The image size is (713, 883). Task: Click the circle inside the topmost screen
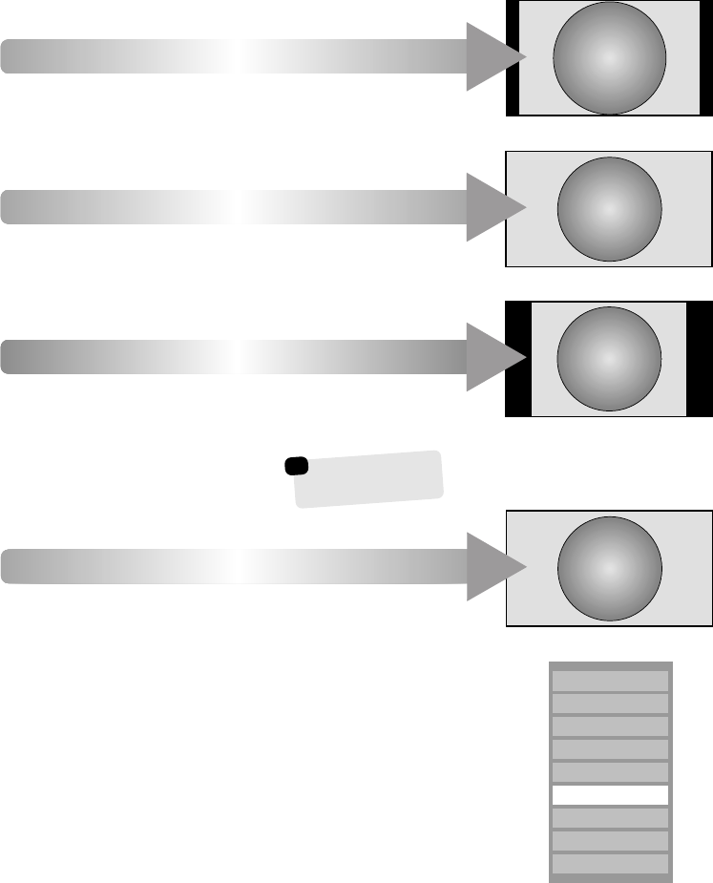click(x=610, y=57)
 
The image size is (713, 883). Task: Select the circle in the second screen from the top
click(x=609, y=208)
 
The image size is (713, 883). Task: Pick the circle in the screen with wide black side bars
click(x=609, y=358)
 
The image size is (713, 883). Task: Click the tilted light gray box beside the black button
click(x=369, y=479)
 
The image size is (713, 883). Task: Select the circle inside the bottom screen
click(x=609, y=568)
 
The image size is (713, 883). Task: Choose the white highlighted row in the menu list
click(x=611, y=795)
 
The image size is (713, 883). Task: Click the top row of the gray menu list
click(x=611, y=681)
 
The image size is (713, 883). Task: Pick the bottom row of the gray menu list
click(x=611, y=864)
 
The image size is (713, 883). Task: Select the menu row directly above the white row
click(x=611, y=772)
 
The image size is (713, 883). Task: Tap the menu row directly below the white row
click(x=611, y=818)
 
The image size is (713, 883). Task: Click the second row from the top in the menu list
click(x=611, y=704)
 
